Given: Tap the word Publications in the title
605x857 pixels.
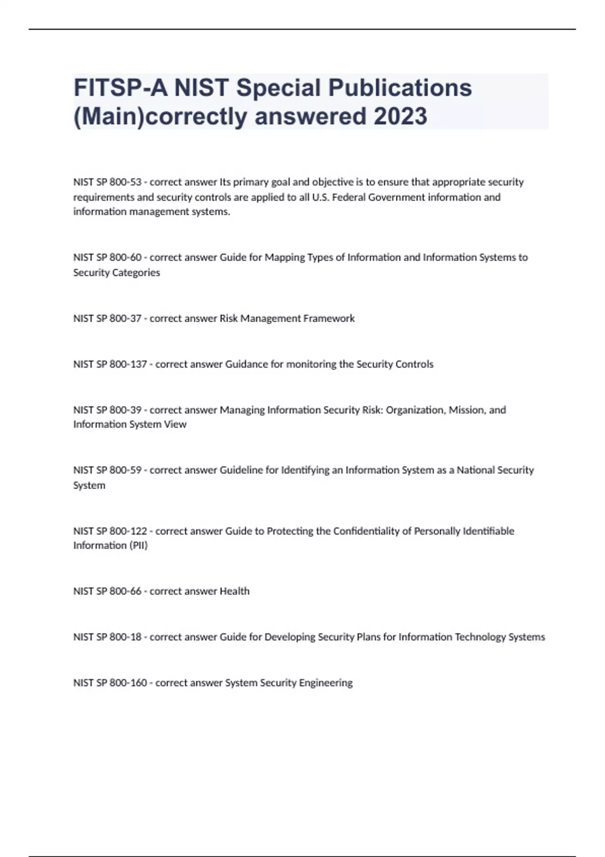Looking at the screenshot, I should point(400,88).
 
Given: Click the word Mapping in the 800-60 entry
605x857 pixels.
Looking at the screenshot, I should point(284,258).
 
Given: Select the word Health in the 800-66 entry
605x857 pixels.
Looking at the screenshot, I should point(234,591).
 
